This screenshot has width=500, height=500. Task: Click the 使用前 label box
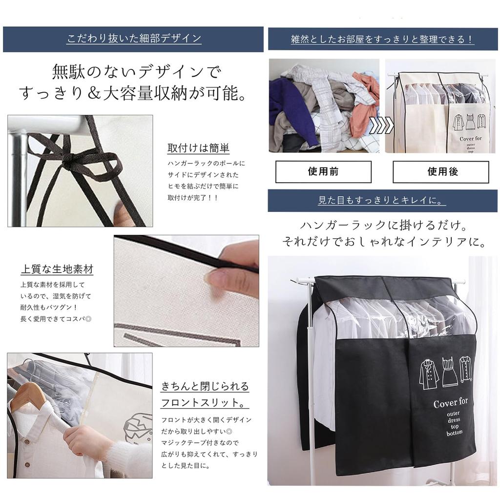click(x=323, y=172)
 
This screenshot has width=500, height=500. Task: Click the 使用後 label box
click(x=440, y=172)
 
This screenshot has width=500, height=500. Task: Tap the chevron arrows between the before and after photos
click(x=381, y=125)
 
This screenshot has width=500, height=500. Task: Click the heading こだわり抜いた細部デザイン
click(x=133, y=39)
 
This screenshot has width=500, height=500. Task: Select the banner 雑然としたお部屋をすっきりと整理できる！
click(x=382, y=40)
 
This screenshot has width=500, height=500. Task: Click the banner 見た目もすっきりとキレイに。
click(x=382, y=200)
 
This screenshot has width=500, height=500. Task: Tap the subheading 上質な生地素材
click(x=57, y=269)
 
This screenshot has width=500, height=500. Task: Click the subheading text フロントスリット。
click(x=204, y=404)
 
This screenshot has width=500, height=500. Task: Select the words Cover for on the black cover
click(x=450, y=403)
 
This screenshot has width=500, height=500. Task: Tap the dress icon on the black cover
click(x=449, y=373)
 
